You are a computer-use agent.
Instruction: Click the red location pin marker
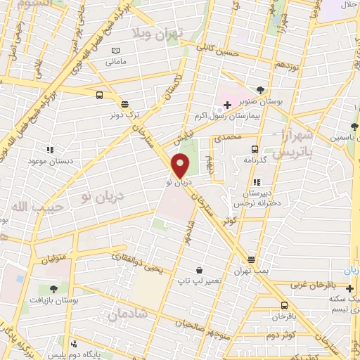(x=181, y=165)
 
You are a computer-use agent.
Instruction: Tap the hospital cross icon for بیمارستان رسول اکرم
(x=227, y=105)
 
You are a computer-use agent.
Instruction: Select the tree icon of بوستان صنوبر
(x=261, y=90)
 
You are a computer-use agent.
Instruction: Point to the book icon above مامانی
(x=116, y=51)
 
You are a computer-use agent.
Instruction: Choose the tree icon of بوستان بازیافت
(x=54, y=288)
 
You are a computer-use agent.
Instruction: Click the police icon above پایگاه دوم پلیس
(x=74, y=344)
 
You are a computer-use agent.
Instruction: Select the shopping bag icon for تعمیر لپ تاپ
(x=199, y=271)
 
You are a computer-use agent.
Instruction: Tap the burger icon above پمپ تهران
(x=251, y=259)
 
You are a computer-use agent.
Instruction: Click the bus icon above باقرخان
(x=284, y=305)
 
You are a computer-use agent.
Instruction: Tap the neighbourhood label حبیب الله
(x=27, y=207)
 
